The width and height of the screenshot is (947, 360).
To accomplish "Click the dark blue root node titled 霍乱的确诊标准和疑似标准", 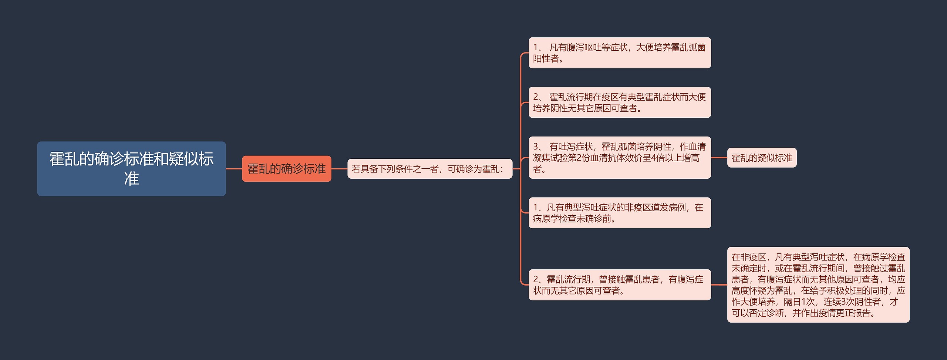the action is tap(131, 168).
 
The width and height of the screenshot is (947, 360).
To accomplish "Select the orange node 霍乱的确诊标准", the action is tap(286, 169).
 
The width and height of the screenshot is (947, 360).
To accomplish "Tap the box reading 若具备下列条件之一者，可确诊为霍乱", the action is tap(429, 169).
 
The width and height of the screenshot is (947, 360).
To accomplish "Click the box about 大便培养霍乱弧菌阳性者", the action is tap(619, 53).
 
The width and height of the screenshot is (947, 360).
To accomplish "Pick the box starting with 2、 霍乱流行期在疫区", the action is tap(619, 102).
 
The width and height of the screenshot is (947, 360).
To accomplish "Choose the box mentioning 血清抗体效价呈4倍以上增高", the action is tap(619, 158).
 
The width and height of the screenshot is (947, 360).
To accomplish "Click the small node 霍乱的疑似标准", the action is tap(762, 158).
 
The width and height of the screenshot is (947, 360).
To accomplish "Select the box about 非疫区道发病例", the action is tap(619, 213).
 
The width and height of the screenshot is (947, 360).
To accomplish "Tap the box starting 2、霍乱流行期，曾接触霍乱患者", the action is tap(619, 285).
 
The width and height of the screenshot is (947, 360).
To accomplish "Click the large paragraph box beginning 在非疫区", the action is tap(818, 285).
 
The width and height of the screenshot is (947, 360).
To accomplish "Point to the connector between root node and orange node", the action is tap(234, 169).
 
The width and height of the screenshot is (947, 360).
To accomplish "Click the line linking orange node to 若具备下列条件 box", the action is tap(339, 169).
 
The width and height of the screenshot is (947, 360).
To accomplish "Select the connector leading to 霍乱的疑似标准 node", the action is tap(719, 158).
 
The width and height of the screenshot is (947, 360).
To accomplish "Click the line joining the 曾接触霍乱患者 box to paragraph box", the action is tap(719, 285).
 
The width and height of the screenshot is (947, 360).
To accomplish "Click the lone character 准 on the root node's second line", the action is tap(131, 179).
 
